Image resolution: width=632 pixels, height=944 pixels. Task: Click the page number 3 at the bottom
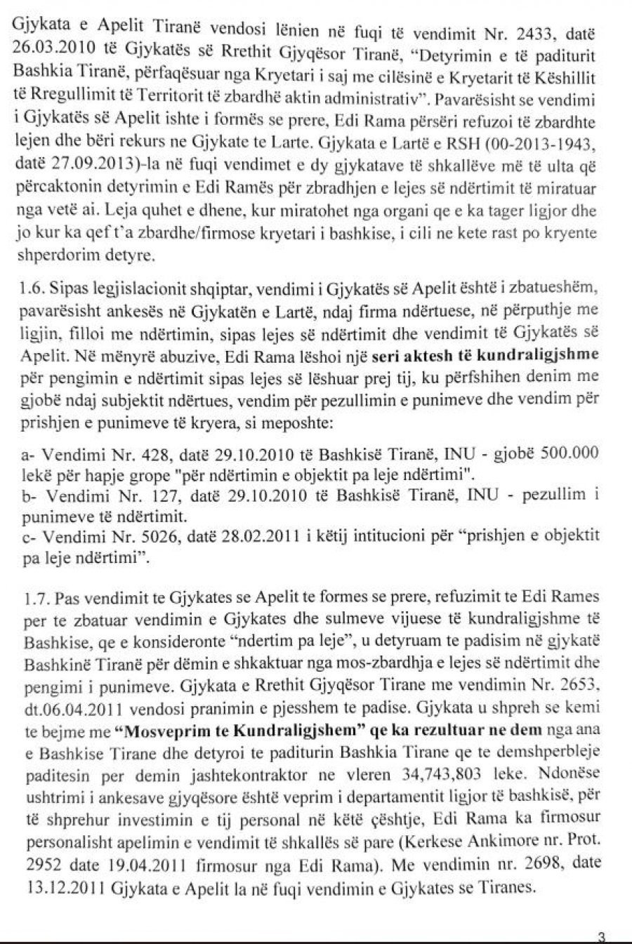[x=601, y=936]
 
